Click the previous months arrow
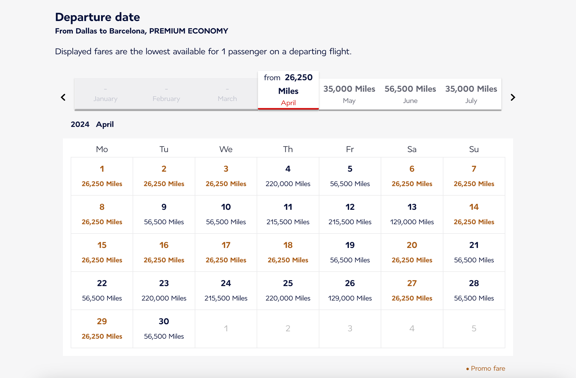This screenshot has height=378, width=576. click(x=63, y=97)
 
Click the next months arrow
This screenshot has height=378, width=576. click(x=513, y=97)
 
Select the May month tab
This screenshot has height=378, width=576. click(x=349, y=94)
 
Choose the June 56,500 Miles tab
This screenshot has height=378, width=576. click(x=410, y=94)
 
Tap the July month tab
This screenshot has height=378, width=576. click(x=471, y=94)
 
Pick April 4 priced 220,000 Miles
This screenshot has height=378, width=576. click(x=288, y=176)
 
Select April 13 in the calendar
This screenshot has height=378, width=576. click(x=412, y=214)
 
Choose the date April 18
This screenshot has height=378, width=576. click(x=288, y=252)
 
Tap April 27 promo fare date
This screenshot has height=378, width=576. click(x=412, y=290)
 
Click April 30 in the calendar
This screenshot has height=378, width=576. click(x=164, y=329)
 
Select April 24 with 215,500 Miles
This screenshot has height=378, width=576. click(x=226, y=290)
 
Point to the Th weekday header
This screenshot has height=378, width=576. click(x=288, y=149)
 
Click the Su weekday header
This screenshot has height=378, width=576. click(x=474, y=149)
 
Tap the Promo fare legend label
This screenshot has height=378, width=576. click(x=487, y=368)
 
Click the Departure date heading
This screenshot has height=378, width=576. click(x=97, y=17)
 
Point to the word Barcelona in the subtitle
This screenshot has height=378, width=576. click(x=128, y=31)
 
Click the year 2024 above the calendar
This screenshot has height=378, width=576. click(x=80, y=124)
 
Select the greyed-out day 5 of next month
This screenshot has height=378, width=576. click(x=474, y=329)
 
